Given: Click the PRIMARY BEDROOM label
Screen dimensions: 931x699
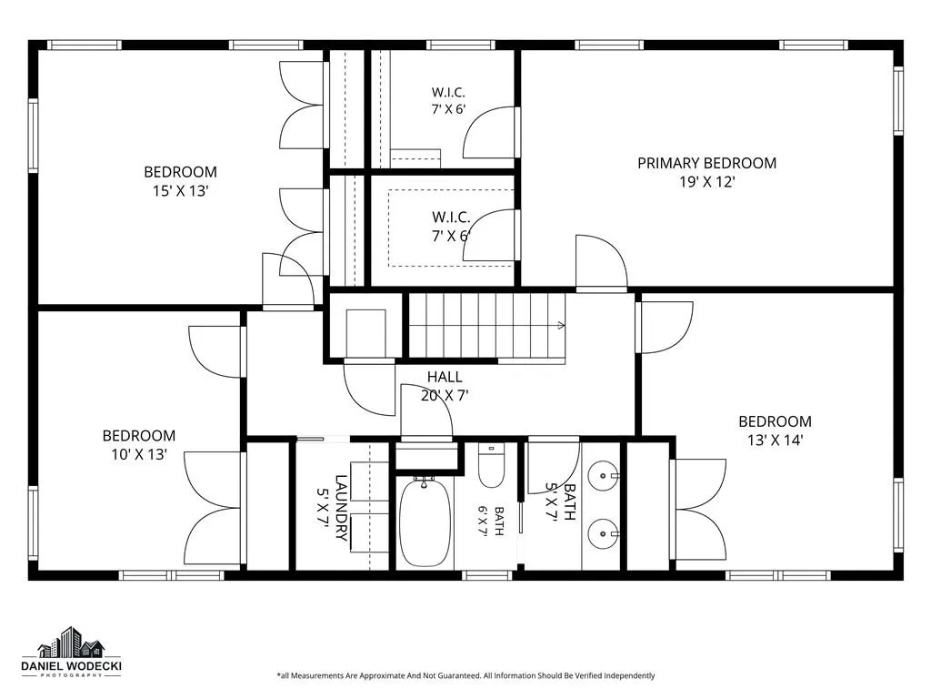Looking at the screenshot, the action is tap(706, 163).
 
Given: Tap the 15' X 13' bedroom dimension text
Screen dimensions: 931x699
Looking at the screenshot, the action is tap(180, 191).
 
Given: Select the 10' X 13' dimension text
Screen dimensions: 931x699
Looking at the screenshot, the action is tap(139, 455).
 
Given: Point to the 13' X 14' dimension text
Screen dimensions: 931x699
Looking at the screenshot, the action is tap(775, 441).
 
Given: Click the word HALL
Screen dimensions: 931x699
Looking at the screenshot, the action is tap(445, 377).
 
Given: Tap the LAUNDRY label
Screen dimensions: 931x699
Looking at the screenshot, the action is tap(342, 508).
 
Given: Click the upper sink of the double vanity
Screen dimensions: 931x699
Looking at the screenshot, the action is tap(604, 475).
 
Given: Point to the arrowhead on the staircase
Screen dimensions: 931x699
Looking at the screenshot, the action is tap(561, 325).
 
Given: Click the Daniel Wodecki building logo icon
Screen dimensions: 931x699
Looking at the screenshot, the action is tap(71, 643).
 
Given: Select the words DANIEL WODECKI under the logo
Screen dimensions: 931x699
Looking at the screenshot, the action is tap(71, 666).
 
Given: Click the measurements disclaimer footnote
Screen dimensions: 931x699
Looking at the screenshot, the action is tap(465, 676).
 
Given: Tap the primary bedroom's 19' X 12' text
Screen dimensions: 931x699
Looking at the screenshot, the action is tap(707, 182).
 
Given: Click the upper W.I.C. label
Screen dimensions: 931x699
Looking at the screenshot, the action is tap(448, 92).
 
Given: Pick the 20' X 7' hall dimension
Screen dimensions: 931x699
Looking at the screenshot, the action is tap(445, 395).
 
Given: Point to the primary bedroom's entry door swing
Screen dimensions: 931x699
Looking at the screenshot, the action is tap(602, 261).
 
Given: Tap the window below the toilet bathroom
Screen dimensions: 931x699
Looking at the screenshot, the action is tap(487, 575).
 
